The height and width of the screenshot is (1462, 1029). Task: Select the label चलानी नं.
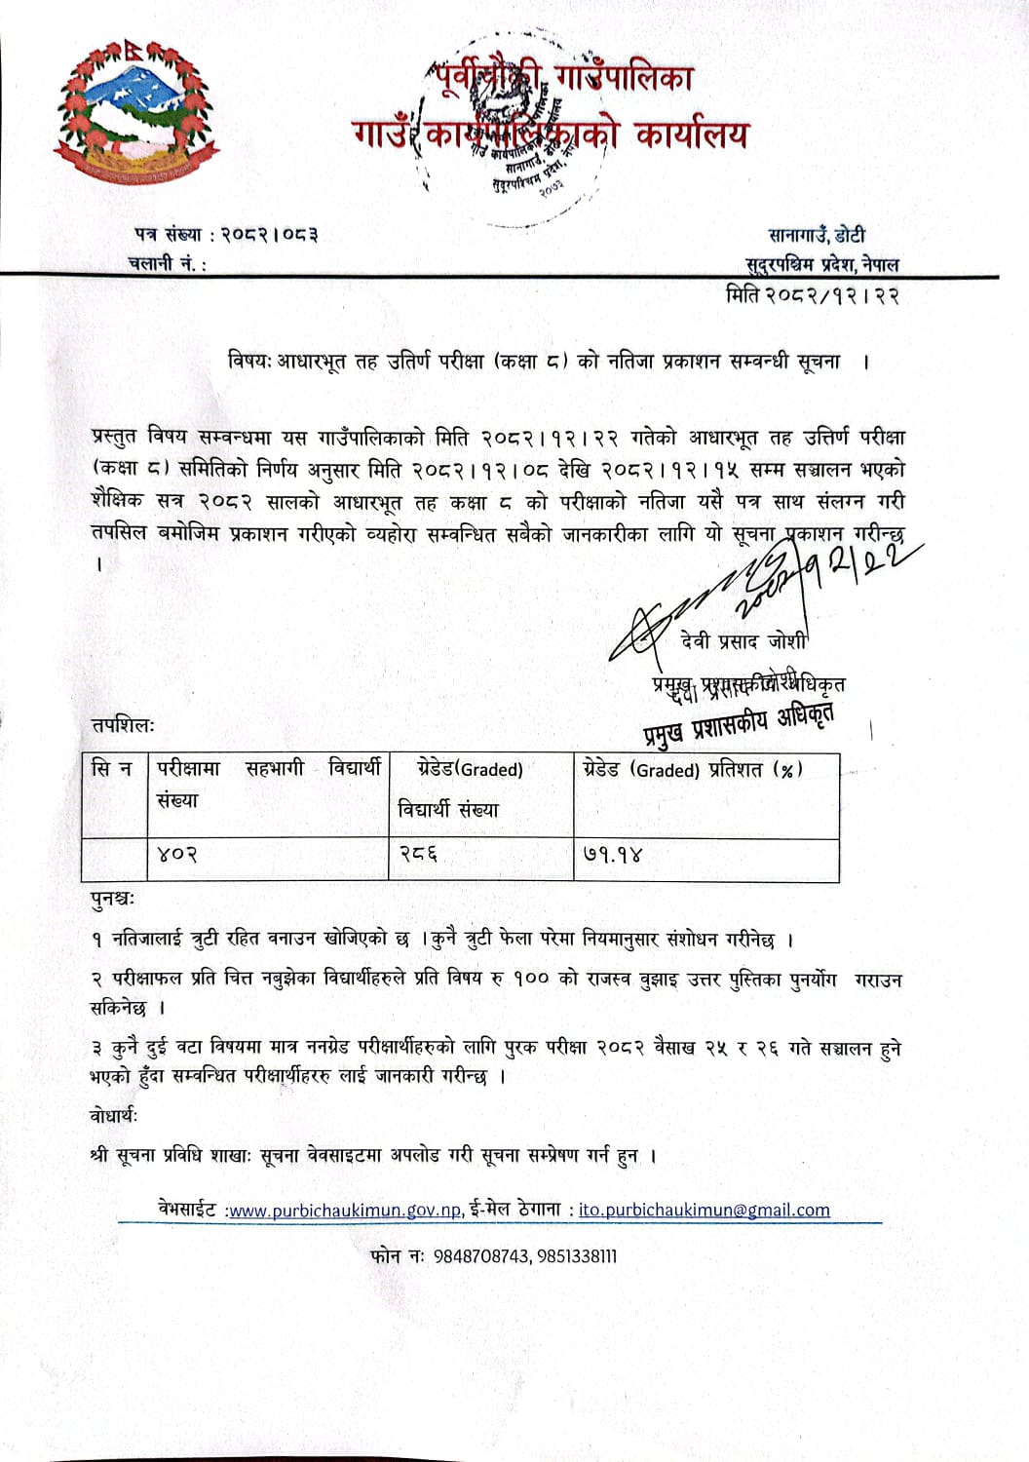click(x=166, y=263)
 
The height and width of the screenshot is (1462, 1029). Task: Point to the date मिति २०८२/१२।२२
click(x=812, y=293)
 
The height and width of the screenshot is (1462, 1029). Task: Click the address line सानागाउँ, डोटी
click(x=817, y=235)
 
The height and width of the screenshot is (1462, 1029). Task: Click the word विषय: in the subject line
click(x=249, y=361)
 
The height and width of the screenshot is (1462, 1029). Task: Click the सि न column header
click(x=111, y=769)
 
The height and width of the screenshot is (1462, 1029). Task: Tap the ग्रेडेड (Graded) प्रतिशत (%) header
click(x=693, y=769)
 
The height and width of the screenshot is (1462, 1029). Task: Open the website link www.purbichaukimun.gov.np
click(x=344, y=1211)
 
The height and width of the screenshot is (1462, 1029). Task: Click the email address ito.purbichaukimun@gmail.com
click(x=704, y=1211)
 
